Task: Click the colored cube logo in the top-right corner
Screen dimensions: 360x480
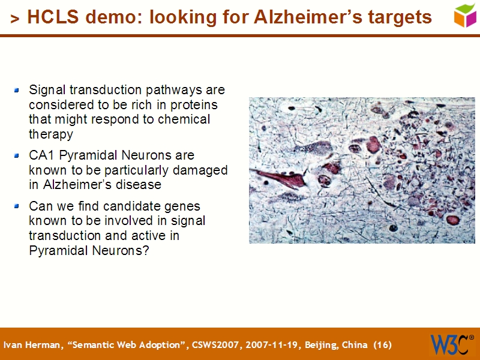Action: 465,15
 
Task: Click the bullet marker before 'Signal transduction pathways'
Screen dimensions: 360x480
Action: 17,91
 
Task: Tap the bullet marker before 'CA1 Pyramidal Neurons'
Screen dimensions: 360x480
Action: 17,156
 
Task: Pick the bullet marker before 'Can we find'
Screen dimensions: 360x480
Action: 17,206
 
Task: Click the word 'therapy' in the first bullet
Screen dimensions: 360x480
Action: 50,134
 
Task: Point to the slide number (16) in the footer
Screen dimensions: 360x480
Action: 382,345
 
